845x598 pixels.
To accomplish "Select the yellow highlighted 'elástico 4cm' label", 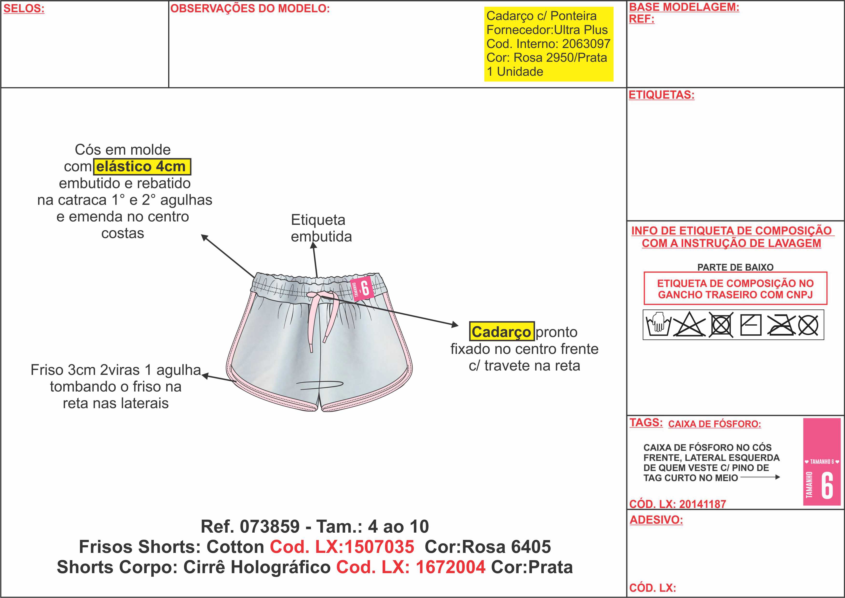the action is point(142,166).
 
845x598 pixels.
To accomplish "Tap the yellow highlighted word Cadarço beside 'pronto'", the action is point(502,331).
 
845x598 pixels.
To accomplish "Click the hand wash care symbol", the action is point(658,324).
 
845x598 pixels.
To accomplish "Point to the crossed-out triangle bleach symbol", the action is point(689,324).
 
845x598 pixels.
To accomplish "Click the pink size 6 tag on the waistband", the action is point(362,288).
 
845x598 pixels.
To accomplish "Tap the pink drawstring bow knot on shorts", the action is point(319,296).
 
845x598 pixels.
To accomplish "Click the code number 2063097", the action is point(586,44).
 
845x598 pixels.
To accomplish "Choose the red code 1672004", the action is point(450,567).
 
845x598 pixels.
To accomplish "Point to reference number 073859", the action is point(270,527).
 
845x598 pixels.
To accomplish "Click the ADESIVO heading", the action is point(656,520).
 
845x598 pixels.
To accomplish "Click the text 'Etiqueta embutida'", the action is point(321,228).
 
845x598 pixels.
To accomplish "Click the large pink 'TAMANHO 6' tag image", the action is point(822,462).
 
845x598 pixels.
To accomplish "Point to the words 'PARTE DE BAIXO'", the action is point(735,267).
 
